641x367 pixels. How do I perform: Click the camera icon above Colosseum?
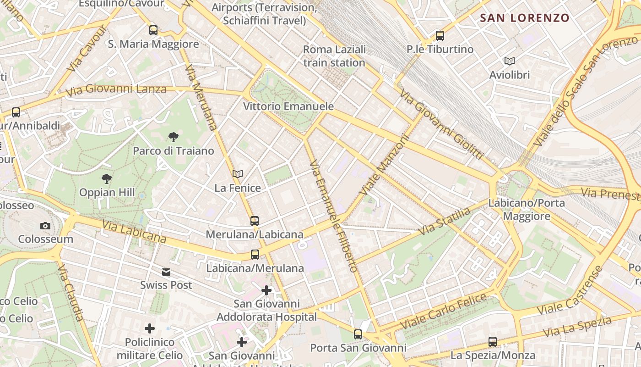(45, 225)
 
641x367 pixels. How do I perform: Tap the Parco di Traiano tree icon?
(173, 137)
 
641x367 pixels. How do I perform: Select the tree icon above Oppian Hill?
(107, 178)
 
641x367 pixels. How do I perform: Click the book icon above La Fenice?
(237, 174)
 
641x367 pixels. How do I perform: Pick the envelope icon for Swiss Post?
(166, 272)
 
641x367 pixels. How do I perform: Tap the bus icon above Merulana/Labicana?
(255, 221)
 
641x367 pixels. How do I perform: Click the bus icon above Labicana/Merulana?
(255, 254)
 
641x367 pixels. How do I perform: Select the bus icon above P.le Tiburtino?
(440, 35)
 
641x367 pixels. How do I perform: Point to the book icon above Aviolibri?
(509, 61)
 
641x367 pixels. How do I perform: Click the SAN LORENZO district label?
(524, 18)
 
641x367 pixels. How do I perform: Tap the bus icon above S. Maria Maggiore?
(153, 30)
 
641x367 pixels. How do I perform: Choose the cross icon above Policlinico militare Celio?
(150, 328)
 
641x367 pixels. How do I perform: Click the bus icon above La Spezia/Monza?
(493, 341)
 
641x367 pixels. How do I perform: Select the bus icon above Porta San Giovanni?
(358, 334)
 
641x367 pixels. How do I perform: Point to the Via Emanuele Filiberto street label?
(333, 216)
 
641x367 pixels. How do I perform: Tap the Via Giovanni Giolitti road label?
(441, 124)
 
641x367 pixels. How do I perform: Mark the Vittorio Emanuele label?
(288, 106)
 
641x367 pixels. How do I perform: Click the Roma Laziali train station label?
(334, 56)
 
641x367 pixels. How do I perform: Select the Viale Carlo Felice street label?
(443, 311)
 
